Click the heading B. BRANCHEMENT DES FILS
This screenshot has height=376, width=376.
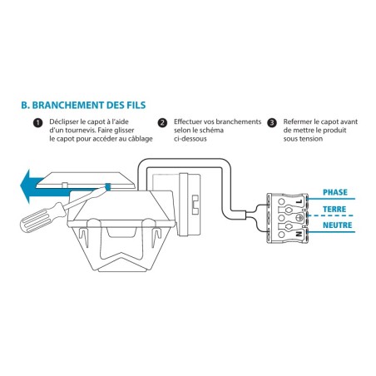[x=83, y=106]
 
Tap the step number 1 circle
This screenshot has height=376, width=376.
[x=37, y=123]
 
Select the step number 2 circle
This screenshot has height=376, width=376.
[x=162, y=123]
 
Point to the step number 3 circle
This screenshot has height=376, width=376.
[x=272, y=123]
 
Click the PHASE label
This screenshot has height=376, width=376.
[x=335, y=192]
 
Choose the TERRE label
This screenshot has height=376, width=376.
[x=334, y=209]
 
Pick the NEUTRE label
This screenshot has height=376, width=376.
[x=337, y=225]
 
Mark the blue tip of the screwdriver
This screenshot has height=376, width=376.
[x=108, y=186]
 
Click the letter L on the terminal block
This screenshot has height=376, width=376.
[x=299, y=201]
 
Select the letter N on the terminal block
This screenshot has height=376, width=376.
[x=299, y=235]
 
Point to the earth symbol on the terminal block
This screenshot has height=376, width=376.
[x=299, y=218]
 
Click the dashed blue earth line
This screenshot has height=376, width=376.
[x=331, y=215]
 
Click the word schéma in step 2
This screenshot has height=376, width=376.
[x=210, y=131]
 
